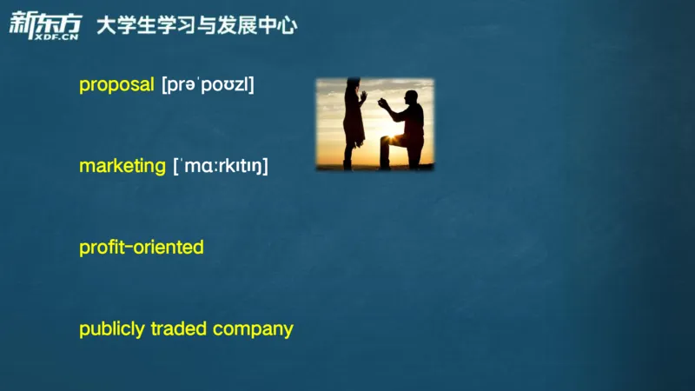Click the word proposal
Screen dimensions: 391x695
(x=116, y=85)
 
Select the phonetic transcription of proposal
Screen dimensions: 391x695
(x=208, y=85)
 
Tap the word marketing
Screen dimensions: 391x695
(x=122, y=166)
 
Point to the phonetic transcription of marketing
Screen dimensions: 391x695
(x=221, y=166)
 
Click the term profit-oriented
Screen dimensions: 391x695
(x=141, y=248)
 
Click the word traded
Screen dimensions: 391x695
(x=179, y=329)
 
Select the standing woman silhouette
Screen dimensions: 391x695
(x=353, y=122)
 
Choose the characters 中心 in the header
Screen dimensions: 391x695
(x=277, y=25)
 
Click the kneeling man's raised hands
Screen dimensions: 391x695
(x=383, y=103)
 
